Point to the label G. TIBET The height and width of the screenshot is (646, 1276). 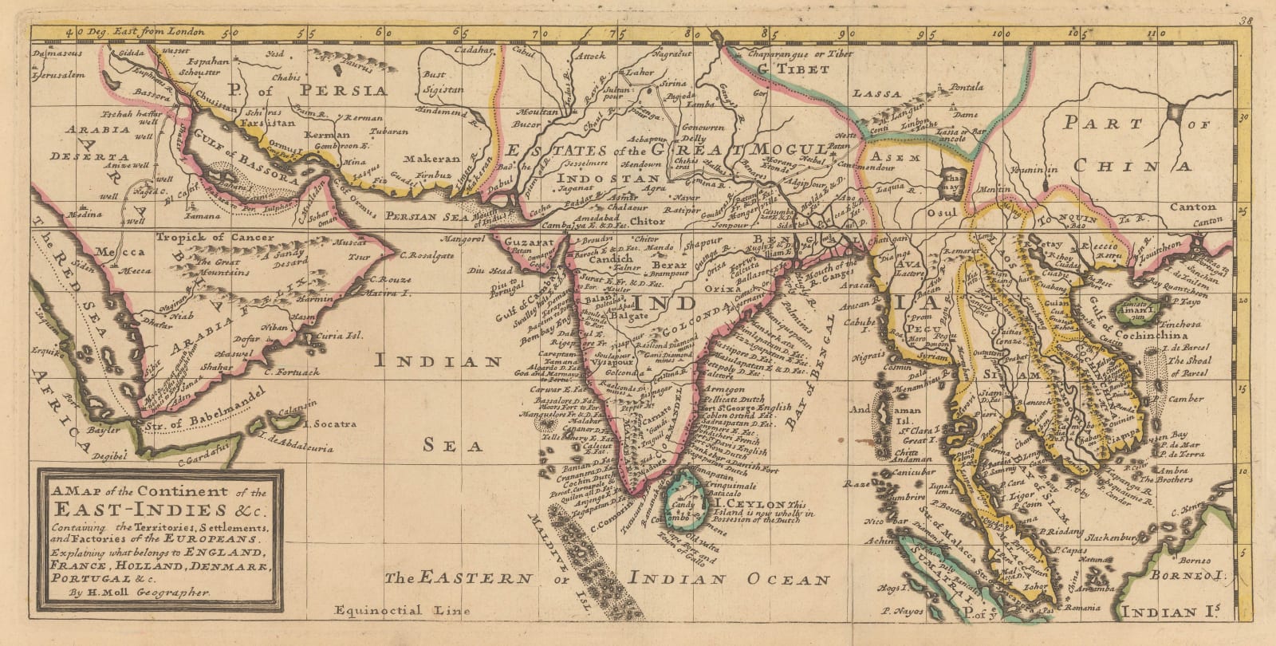coord(793,69)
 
